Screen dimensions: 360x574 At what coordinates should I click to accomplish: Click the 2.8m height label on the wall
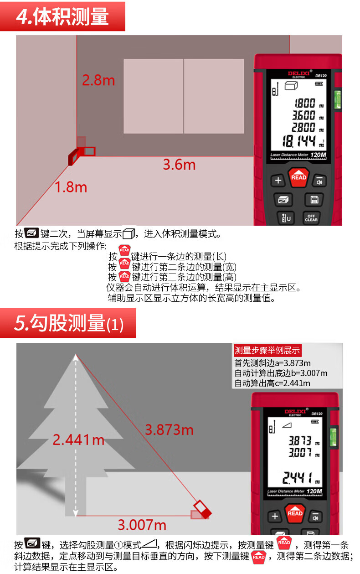[x=98, y=80]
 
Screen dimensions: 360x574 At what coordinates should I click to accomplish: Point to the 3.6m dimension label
[x=179, y=165]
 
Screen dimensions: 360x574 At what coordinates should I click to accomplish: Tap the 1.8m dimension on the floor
[x=71, y=187]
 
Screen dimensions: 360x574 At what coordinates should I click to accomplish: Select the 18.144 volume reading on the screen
[x=299, y=141]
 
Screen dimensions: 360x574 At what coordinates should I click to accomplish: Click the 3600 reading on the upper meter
[x=304, y=115]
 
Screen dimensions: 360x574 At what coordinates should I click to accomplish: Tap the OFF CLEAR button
[x=311, y=218]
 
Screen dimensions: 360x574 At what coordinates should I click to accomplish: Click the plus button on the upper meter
[x=278, y=181]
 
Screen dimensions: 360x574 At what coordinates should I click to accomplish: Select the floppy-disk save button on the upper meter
[x=314, y=200]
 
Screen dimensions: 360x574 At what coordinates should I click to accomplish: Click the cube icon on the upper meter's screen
[x=291, y=85]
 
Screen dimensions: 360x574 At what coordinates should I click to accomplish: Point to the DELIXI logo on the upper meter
[x=298, y=74]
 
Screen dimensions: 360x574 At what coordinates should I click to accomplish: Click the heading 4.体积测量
[x=62, y=16]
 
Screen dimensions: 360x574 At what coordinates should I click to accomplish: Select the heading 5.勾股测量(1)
[x=69, y=323]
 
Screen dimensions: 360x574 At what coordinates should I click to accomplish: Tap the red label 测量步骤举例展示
[x=267, y=350]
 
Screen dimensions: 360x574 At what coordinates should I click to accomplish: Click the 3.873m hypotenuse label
[x=169, y=430]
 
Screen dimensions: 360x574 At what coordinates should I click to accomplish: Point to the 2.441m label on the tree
[x=78, y=440]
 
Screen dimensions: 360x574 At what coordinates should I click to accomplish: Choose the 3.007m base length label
[x=142, y=525]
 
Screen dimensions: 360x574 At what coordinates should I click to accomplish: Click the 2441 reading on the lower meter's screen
[x=298, y=478]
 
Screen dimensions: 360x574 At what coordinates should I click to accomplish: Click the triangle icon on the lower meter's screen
[x=287, y=426]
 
